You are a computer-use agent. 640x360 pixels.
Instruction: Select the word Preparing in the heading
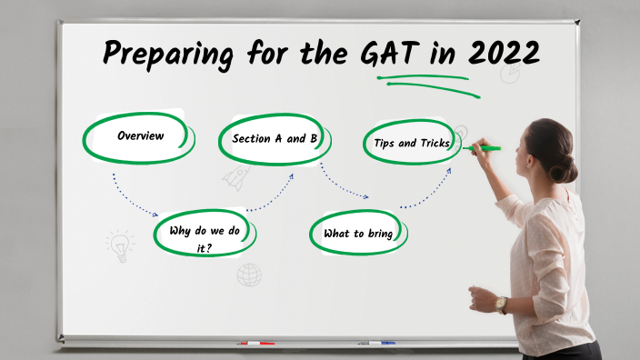point(167,55)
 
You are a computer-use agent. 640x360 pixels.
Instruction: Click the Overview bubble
point(140,136)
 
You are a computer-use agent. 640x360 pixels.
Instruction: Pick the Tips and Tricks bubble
point(412,143)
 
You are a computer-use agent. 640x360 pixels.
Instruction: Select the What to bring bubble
point(358,234)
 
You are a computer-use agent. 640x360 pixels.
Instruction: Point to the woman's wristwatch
point(501,304)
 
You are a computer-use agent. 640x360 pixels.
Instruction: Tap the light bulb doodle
point(119,245)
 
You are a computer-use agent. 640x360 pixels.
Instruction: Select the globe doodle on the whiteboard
point(249,274)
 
